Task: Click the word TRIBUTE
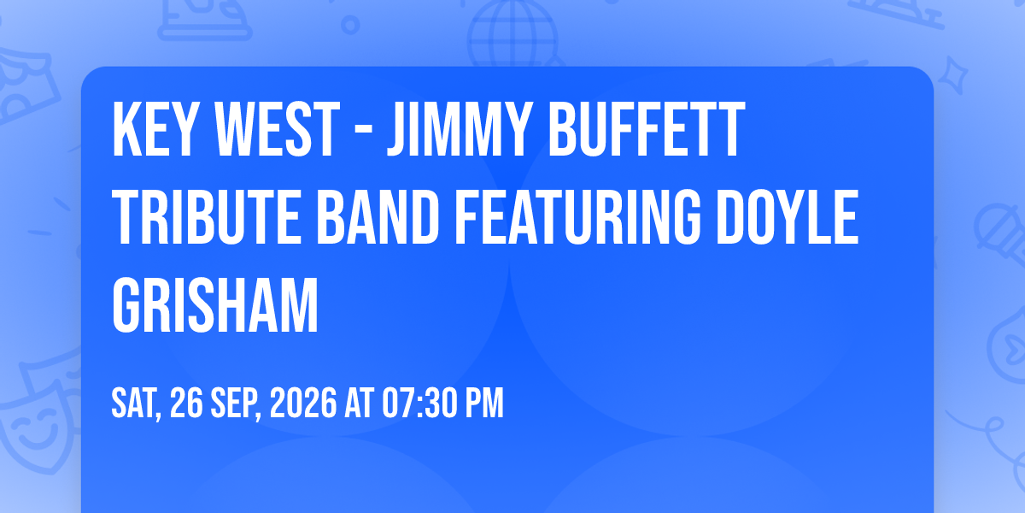[207, 217]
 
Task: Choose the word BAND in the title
[378, 217]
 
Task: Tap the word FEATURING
[577, 217]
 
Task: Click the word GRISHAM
[215, 305]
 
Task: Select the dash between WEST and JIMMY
[363, 133]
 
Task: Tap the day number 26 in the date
[186, 403]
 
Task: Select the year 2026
[303, 403]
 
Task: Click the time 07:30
[420, 403]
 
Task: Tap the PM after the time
[484, 403]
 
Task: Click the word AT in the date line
[360, 403]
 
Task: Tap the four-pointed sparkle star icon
[953, 75]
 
